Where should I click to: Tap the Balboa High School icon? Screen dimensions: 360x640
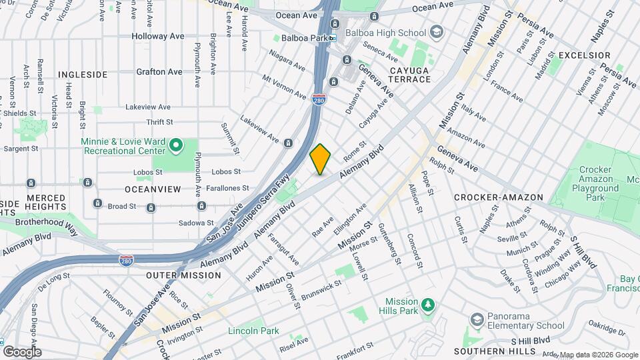click(x=436, y=31)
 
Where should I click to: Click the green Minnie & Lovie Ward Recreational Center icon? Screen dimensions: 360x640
click(x=176, y=144)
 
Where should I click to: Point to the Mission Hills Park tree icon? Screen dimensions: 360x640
click(x=427, y=305)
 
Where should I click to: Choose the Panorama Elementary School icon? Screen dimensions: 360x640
click(x=476, y=321)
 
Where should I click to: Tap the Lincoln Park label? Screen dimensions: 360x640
click(x=253, y=331)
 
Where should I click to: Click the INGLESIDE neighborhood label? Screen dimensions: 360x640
click(x=83, y=75)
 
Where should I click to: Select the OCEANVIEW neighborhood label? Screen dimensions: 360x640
click(x=153, y=189)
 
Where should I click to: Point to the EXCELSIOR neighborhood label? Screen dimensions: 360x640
click(x=584, y=55)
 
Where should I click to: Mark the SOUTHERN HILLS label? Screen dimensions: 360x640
click(x=494, y=351)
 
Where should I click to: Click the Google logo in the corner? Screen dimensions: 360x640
click(x=22, y=351)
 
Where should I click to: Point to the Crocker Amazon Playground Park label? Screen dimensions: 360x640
click(x=596, y=184)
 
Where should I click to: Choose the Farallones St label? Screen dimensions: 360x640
click(x=227, y=189)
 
